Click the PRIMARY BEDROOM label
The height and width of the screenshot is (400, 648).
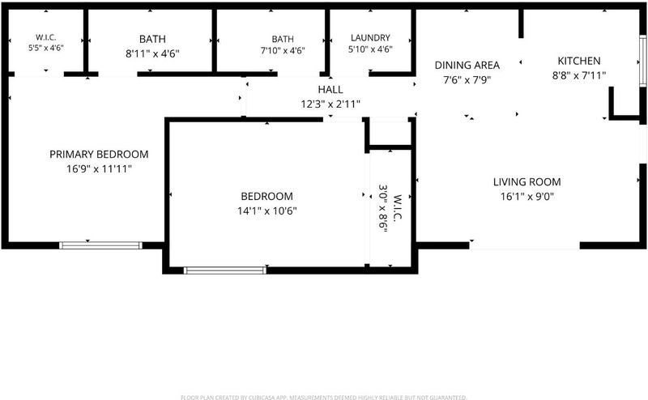(99, 154)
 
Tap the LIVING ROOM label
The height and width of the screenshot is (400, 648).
(527, 182)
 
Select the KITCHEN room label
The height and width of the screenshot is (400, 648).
(579, 61)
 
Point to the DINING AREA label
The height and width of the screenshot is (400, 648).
(467, 65)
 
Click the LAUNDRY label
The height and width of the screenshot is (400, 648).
(370, 37)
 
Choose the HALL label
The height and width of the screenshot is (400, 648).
(330, 89)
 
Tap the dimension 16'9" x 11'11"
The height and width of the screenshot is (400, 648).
(99, 169)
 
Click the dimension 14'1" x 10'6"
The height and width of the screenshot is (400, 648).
(267, 211)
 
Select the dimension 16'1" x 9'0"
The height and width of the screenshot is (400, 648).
(527, 197)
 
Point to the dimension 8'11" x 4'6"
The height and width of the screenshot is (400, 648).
(152, 53)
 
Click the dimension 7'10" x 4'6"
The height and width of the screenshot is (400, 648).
(283, 51)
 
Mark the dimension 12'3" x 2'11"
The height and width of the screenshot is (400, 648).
(330, 104)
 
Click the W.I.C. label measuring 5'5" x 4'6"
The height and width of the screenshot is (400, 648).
(46, 37)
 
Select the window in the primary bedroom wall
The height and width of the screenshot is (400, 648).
(100, 245)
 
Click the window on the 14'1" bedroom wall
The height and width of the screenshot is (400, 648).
(225, 270)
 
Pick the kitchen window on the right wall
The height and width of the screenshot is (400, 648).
(642, 62)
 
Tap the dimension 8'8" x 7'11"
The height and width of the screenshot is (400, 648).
(579, 75)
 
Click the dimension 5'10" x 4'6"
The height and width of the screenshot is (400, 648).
(370, 49)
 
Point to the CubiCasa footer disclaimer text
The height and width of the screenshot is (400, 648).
(324, 398)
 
